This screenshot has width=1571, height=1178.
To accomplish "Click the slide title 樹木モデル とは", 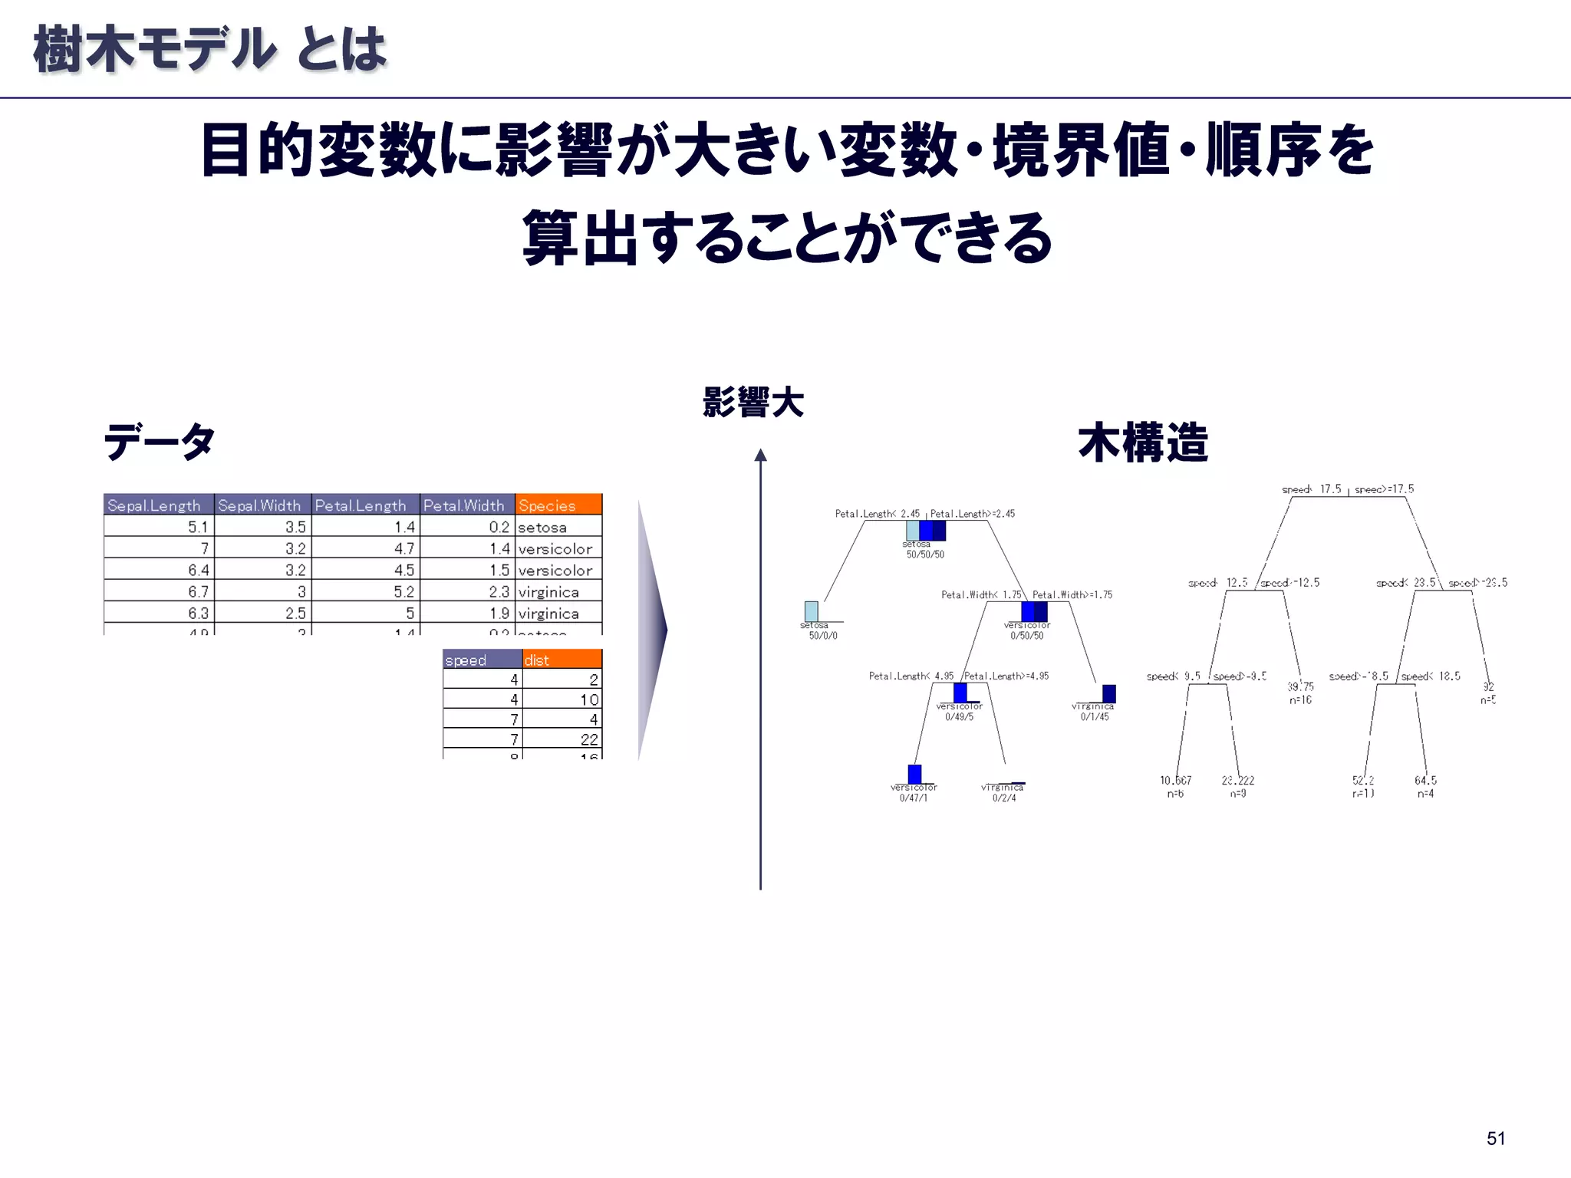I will (209, 49).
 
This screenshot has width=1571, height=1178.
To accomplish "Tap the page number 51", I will (1495, 1138).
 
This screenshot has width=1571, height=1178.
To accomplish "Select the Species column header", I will (558, 505).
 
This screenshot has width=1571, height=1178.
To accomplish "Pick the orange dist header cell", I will (562, 660).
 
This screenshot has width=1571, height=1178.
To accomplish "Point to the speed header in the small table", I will (482, 660).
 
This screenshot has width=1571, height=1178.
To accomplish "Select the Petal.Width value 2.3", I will (499, 592).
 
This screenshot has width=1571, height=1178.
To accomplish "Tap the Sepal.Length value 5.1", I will (198, 528).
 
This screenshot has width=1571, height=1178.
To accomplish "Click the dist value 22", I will (589, 739).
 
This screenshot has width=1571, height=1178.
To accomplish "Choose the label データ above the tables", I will (160, 443).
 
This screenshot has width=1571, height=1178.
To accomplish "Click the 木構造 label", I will (1142, 443).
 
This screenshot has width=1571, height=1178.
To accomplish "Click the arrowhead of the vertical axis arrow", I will (760, 456).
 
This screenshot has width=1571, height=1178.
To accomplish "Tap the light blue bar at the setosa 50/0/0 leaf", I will (811, 611).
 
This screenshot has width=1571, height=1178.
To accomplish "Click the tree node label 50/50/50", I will (925, 554).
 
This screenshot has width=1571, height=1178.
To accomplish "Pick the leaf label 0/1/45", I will (1095, 717).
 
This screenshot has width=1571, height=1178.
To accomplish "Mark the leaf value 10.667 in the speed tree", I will (1175, 781).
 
